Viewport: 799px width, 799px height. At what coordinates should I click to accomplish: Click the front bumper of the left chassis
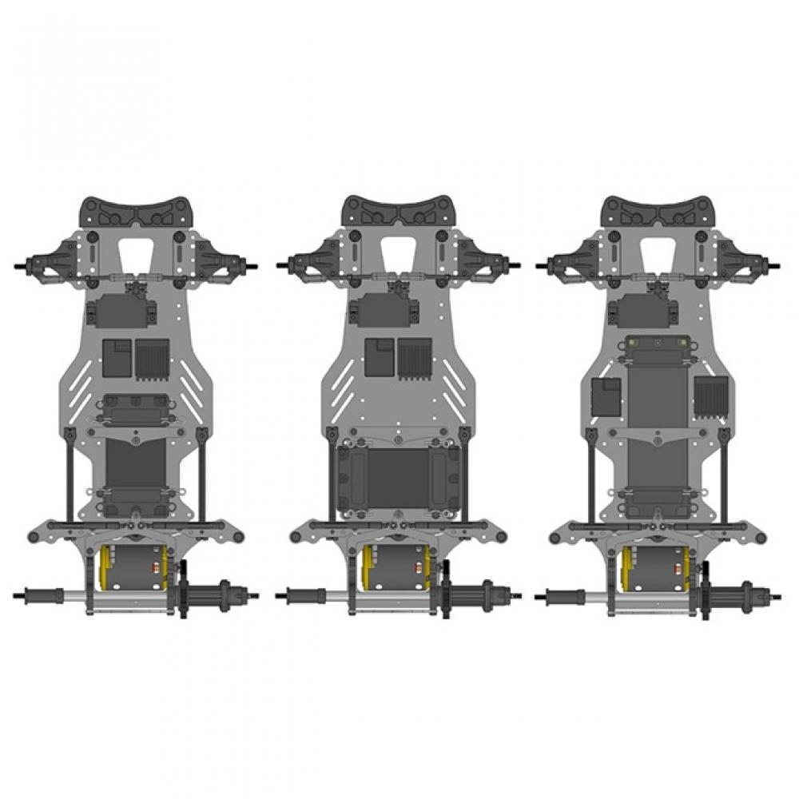tap(135, 213)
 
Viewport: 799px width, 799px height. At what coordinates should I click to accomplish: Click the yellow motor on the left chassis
tap(133, 568)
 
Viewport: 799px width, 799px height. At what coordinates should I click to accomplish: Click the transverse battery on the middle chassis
tap(397, 478)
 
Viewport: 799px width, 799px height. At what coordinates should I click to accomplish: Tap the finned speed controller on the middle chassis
tap(414, 357)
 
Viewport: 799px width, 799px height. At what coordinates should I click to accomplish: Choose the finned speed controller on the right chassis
tap(710, 396)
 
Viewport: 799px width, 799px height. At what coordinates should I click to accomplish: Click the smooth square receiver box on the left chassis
tap(117, 357)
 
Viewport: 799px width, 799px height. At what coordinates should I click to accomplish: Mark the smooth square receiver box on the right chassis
tap(606, 396)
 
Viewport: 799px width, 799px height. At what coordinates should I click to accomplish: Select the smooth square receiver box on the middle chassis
tap(379, 357)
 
